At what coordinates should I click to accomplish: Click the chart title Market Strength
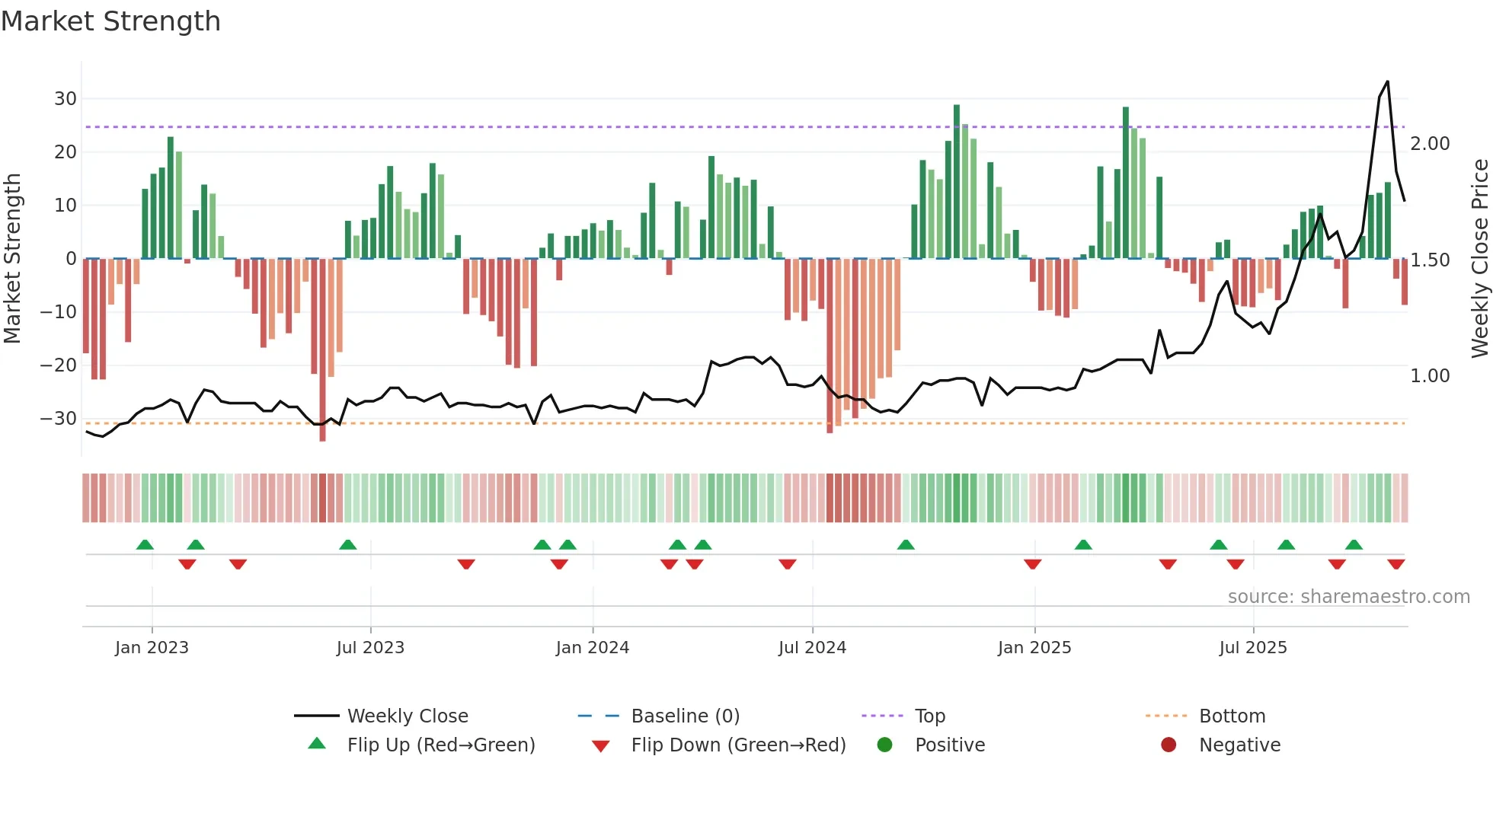click(x=110, y=21)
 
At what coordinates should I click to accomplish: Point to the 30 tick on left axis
click(x=65, y=99)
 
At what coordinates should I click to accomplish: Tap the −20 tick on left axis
click(x=58, y=365)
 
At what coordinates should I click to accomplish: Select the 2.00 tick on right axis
click(x=1430, y=144)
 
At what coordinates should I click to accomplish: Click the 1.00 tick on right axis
click(x=1430, y=376)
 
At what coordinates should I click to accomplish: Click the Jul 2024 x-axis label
click(x=812, y=648)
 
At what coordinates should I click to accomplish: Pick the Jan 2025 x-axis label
click(x=1034, y=648)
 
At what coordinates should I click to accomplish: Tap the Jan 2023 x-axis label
click(x=152, y=648)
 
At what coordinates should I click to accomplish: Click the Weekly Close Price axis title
click(x=1479, y=259)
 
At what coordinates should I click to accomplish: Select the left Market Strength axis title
click(x=12, y=259)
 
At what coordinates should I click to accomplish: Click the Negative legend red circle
click(x=1169, y=745)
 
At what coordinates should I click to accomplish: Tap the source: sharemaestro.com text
click(x=1348, y=597)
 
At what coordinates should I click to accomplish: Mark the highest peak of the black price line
click(x=1387, y=81)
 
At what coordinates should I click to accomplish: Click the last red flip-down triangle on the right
click(x=1395, y=564)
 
